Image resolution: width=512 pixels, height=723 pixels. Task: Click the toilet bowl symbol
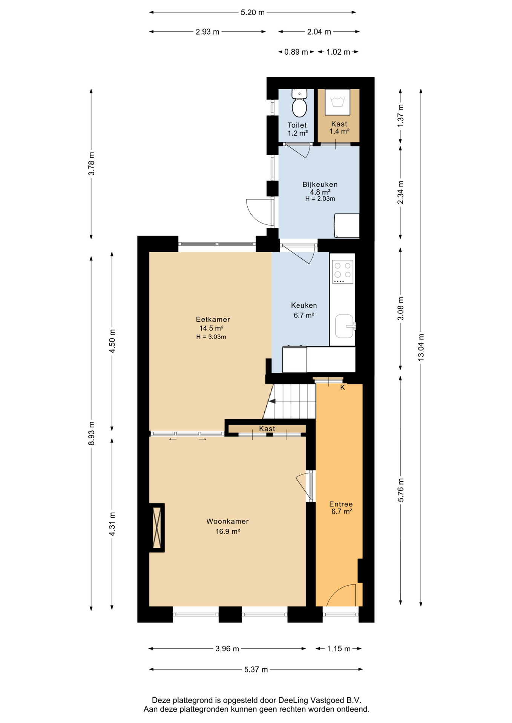[x=299, y=104]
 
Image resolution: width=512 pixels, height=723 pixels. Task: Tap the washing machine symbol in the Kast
[x=338, y=102]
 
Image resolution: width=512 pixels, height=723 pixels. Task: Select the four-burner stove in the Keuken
[x=343, y=271]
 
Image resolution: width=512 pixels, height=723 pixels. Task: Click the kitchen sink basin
[x=344, y=326]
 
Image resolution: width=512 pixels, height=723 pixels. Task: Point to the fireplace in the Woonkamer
[x=157, y=528]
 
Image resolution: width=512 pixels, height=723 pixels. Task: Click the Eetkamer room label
[x=213, y=319]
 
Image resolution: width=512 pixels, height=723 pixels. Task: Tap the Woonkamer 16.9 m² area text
[x=228, y=531]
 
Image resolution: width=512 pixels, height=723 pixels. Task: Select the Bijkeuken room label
[x=320, y=185]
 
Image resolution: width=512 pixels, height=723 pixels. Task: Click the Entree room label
[x=341, y=504]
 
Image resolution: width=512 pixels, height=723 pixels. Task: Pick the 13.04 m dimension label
[x=421, y=347]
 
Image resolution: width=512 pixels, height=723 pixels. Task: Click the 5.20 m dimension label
[x=253, y=12]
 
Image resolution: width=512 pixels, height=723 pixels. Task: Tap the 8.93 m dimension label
[x=91, y=433]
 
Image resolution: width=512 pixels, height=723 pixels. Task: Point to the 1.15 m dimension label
[x=339, y=648]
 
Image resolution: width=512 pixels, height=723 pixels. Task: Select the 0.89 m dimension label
[x=296, y=52]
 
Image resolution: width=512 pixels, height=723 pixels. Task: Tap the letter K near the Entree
[x=343, y=387]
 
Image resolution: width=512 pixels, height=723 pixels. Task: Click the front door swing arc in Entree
[x=337, y=589]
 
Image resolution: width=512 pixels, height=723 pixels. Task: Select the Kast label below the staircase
[x=267, y=429]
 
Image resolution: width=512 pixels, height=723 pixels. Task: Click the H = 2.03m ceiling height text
[x=320, y=199]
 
